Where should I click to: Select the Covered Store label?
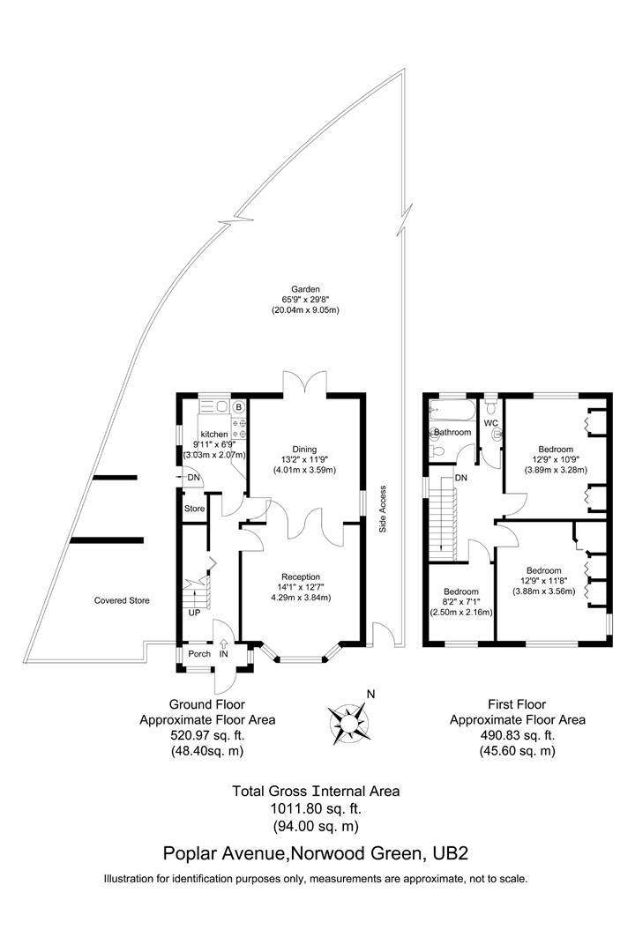(122, 600)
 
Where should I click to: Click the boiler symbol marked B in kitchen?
(238, 407)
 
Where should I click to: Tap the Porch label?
(199, 654)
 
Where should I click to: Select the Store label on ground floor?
(194, 509)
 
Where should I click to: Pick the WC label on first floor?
(491, 423)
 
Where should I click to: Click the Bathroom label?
(452, 433)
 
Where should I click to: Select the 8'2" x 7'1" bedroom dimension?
(460, 602)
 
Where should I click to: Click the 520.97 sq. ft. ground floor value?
(206, 735)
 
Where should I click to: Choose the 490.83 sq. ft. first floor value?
(517, 735)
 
